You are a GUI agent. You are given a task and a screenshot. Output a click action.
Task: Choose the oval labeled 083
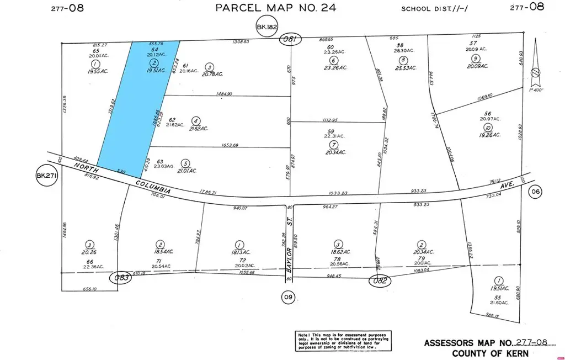point(122,277)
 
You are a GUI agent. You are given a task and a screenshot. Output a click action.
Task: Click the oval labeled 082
point(380,280)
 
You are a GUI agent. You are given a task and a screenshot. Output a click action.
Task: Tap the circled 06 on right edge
point(535,192)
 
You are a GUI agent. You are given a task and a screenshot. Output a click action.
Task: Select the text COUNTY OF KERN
point(490,353)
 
